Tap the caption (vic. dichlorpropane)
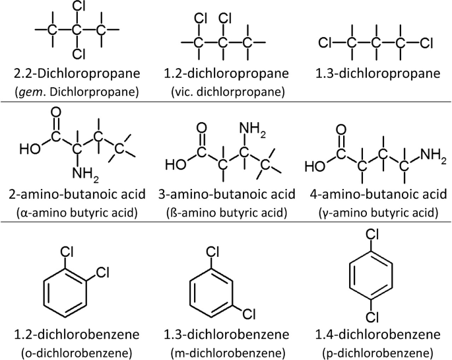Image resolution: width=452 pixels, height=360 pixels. click(x=226, y=91)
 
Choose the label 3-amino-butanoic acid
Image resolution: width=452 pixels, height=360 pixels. click(x=226, y=195)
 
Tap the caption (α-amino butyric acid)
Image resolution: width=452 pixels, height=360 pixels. click(x=78, y=213)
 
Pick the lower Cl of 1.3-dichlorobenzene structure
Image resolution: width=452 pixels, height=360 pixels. click(x=243, y=312)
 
